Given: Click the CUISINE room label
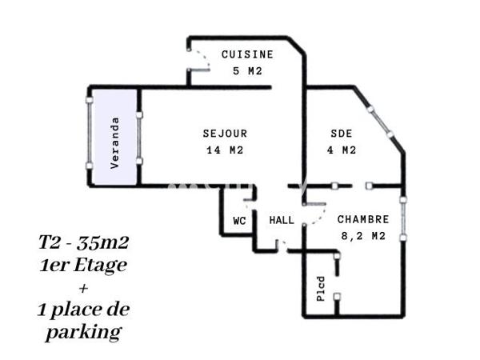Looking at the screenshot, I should [x=247, y=54].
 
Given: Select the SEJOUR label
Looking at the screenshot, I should [x=225, y=134].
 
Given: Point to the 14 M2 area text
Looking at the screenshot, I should [x=225, y=150].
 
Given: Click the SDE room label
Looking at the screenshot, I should [x=342, y=134].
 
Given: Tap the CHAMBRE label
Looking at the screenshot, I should [x=363, y=219].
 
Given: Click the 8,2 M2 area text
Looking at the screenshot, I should [x=364, y=235].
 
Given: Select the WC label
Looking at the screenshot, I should [x=239, y=220].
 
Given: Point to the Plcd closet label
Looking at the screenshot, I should [x=321, y=288].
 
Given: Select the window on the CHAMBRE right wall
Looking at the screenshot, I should [x=403, y=216].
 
